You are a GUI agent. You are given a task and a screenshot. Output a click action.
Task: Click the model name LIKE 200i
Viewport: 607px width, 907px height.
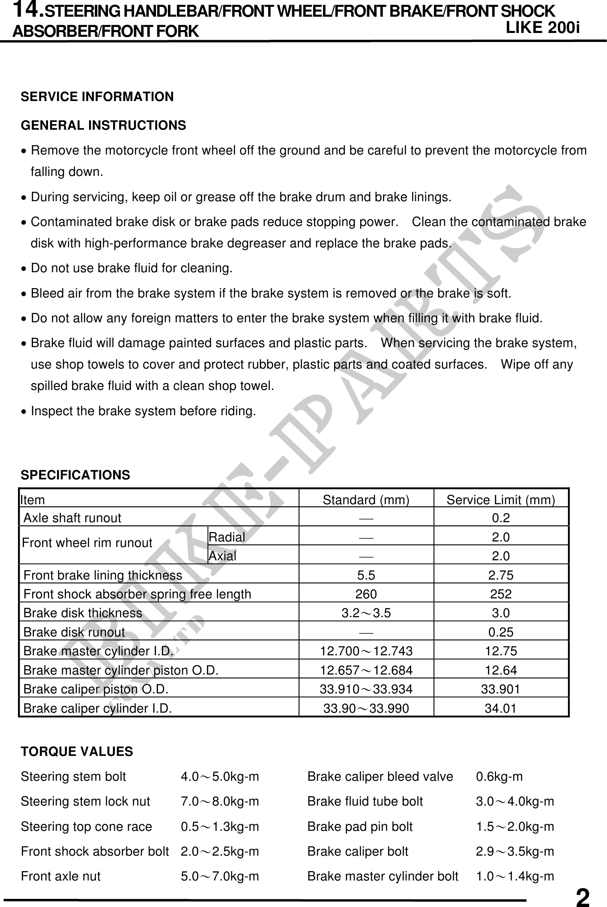click(x=542, y=27)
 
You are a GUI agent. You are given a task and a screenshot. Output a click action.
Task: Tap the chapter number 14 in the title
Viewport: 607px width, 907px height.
click(x=28, y=9)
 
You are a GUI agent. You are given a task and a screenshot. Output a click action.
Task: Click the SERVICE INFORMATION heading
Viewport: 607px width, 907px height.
click(x=97, y=97)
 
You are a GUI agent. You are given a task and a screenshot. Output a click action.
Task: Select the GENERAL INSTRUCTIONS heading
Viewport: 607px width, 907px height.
click(x=103, y=125)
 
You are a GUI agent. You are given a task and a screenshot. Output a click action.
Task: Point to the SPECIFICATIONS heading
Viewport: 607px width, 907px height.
click(x=75, y=475)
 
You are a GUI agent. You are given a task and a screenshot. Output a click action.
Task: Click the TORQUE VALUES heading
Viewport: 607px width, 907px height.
click(x=77, y=751)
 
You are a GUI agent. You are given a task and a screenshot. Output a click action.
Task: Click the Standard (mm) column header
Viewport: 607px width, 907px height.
click(x=366, y=500)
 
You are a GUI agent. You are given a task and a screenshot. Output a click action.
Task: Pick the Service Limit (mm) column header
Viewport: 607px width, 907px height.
click(x=501, y=500)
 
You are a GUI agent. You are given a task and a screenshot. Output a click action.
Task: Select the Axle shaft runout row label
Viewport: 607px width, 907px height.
click(x=72, y=518)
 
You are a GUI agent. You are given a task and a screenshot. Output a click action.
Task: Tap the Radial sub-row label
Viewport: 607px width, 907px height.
click(x=227, y=537)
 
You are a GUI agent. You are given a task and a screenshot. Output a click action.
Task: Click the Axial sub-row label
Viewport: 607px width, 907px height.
click(x=222, y=556)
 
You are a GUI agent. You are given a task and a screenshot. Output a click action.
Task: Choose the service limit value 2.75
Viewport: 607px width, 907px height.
click(x=501, y=575)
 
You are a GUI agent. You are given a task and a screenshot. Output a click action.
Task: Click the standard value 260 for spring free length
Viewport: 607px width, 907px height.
click(x=366, y=594)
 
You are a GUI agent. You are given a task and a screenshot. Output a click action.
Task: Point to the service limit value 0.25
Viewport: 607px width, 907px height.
click(x=501, y=632)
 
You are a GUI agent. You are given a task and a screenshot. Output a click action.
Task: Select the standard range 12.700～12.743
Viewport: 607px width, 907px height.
click(x=366, y=651)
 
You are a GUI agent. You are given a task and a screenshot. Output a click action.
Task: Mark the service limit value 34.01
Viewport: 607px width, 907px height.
click(x=501, y=708)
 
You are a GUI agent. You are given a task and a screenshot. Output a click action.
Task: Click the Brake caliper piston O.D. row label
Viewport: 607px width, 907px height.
click(x=96, y=689)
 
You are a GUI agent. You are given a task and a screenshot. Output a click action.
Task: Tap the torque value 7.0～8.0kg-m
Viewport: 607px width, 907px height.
click(x=220, y=801)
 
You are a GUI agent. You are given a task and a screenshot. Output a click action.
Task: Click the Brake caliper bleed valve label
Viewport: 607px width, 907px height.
click(x=380, y=776)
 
